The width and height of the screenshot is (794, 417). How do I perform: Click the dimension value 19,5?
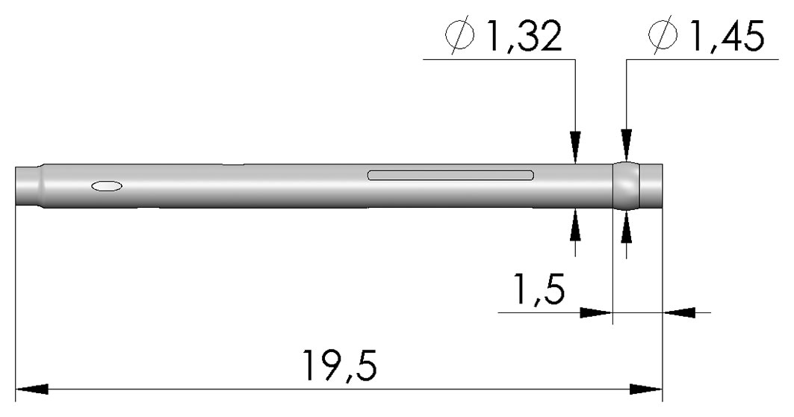click(x=339, y=364)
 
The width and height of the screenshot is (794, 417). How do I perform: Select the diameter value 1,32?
click(x=524, y=36)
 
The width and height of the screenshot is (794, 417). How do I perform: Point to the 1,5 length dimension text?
click(x=539, y=288)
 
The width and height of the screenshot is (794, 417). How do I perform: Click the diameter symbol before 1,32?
click(x=461, y=34)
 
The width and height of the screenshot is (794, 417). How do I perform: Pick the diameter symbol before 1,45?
click(x=663, y=34)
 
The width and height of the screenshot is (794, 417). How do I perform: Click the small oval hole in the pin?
click(x=107, y=186)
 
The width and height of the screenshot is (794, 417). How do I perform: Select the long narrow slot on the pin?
click(x=450, y=176)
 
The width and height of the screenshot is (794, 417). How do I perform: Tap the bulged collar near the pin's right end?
click(x=627, y=185)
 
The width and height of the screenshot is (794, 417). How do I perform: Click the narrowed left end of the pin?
click(x=28, y=185)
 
